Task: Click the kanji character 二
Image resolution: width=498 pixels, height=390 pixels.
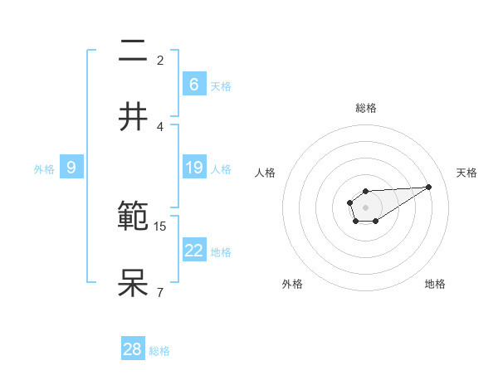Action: pyautogui.click(x=134, y=52)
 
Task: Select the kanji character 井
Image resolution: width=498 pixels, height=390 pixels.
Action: pyautogui.click(x=134, y=117)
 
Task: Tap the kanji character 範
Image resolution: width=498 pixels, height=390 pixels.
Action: pyautogui.click(x=134, y=218)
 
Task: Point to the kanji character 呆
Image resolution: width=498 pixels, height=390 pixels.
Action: pyautogui.click(x=134, y=283)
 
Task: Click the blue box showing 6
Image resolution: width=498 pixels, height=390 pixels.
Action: pyautogui.click(x=193, y=84)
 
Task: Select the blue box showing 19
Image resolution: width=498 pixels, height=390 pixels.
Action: pyautogui.click(x=193, y=168)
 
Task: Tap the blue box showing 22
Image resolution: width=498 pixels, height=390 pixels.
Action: pyautogui.click(x=193, y=251)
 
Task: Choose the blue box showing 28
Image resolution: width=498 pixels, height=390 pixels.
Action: pyautogui.click(x=133, y=349)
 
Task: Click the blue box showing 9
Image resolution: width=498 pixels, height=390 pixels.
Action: pyautogui.click(x=71, y=168)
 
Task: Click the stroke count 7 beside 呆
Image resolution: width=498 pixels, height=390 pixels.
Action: pyautogui.click(x=160, y=292)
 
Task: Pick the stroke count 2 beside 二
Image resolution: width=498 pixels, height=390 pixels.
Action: pyautogui.click(x=160, y=61)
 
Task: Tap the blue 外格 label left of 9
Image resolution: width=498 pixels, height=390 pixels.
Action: pyautogui.click(x=44, y=168)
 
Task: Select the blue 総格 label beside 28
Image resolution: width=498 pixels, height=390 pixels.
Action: pyautogui.click(x=159, y=351)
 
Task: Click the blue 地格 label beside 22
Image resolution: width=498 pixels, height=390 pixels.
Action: pyautogui.click(x=221, y=251)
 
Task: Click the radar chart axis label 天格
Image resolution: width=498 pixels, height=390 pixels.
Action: pyautogui.click(x=466, y=173)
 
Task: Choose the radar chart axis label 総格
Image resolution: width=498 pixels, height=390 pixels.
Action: pyautogui.click(x=365, y=108)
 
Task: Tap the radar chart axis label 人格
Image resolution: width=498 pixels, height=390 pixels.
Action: pyautogui.click(x=266, y=173)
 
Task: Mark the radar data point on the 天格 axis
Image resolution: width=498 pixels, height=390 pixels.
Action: pyautogui.click(x=429, y=186)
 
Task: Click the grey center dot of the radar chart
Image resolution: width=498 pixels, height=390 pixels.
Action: pyautogui.click(x=365, y=207)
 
